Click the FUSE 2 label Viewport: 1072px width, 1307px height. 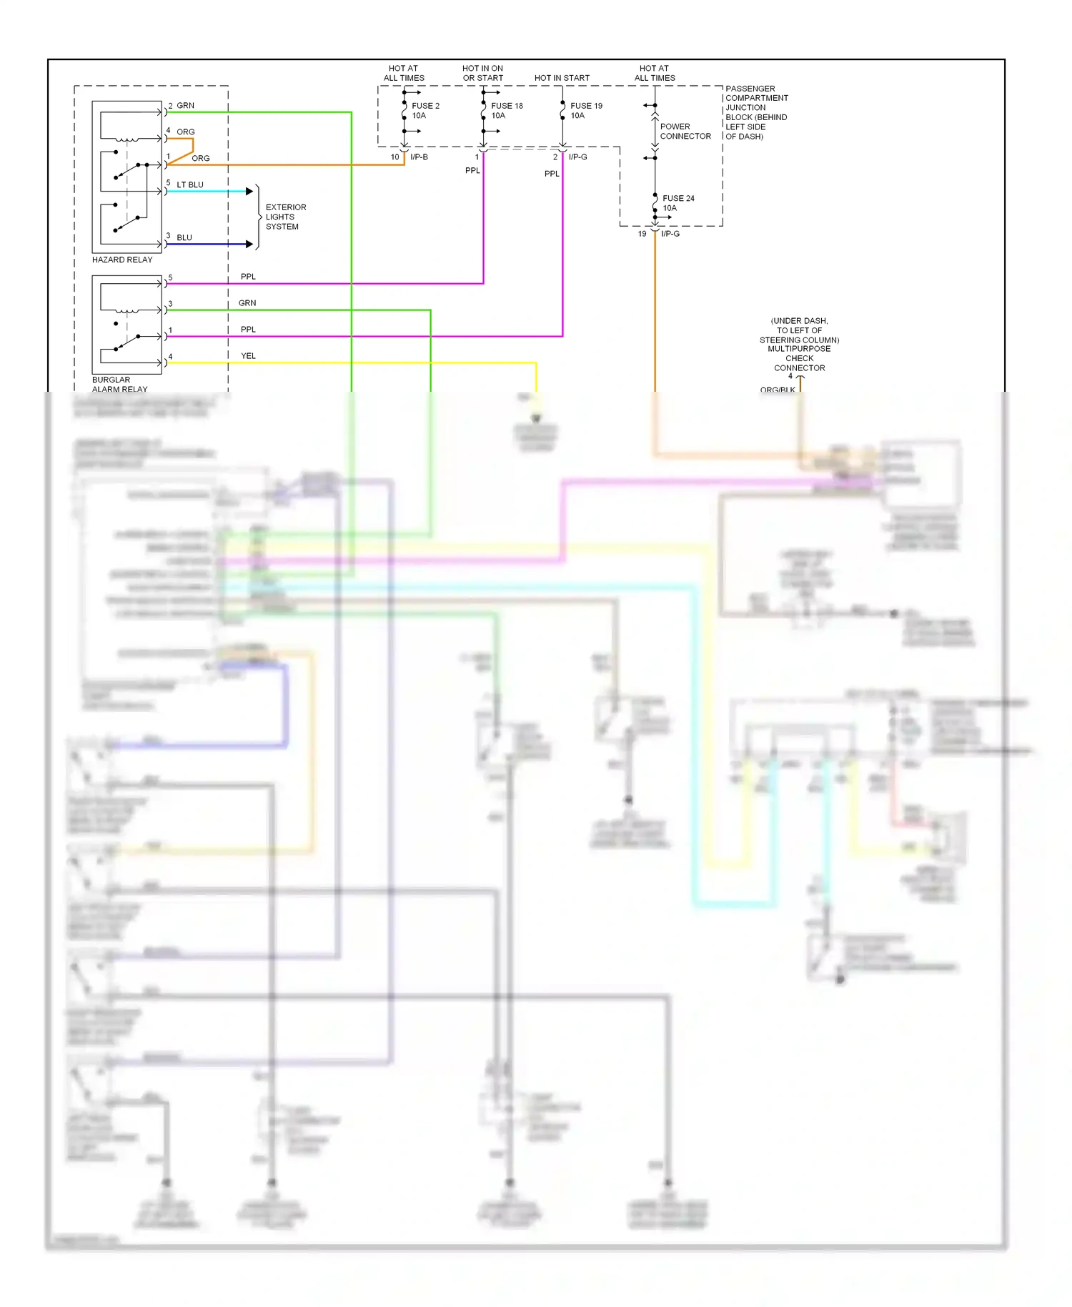pos(425,106)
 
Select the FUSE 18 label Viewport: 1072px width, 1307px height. pos(507,106)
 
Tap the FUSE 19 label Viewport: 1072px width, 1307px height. pos(586,106)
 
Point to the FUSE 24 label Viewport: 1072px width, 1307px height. pos(678,199)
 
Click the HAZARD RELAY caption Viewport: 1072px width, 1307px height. pos(122,260)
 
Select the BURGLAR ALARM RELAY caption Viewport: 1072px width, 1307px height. pos(119,385)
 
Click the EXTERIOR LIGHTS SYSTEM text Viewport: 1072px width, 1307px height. pos(285,217)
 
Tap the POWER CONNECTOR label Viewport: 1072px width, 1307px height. pos(685,131)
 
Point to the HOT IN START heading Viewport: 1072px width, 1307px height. pos(562,78)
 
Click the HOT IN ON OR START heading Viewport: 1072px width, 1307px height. pos(482,73)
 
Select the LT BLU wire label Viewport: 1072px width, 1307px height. pos(190,184)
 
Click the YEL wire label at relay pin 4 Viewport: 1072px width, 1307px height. pos(248,355)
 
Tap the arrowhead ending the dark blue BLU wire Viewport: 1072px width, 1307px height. pos(249,244)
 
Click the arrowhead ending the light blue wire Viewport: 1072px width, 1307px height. pos(249,191)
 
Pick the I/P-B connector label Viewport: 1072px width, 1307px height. pos(419,157)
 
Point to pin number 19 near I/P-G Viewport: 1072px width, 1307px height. pos(642,234)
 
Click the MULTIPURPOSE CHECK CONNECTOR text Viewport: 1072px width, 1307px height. pos(799,358)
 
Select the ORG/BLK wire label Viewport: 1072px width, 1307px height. pos(778,390)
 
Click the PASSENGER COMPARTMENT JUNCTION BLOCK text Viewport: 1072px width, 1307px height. pos(756,112)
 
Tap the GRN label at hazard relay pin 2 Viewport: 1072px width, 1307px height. pos(186,105)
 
